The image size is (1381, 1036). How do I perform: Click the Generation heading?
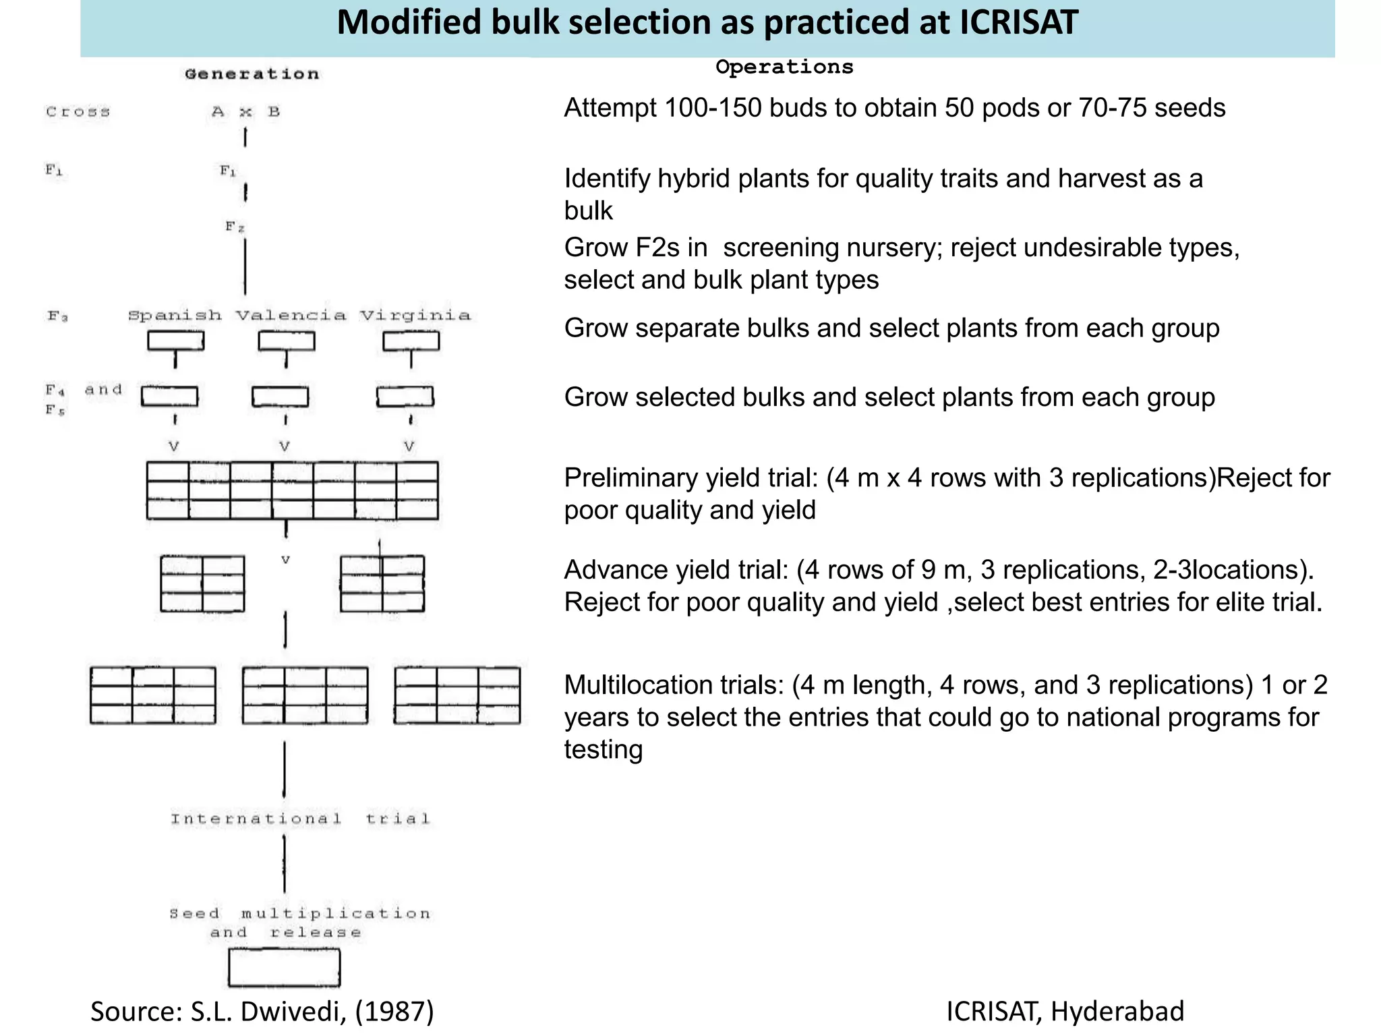point(252,74)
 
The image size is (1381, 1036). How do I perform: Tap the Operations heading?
point(784,67)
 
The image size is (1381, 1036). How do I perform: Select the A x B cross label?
point(245,112)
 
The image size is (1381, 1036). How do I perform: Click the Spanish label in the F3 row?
point(175,316)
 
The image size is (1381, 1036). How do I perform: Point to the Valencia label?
point(291,316)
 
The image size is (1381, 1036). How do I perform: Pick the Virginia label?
point(415,316)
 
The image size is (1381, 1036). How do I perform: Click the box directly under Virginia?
point(411,341)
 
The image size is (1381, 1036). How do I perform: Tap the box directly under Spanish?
point(175,341)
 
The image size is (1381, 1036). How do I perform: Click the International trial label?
point(300,819)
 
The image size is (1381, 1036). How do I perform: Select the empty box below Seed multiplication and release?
point(284,968)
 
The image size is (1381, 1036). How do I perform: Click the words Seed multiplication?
point(300,914)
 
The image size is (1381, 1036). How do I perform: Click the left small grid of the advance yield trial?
point(202,584)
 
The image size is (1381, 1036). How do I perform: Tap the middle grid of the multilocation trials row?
point(305,695)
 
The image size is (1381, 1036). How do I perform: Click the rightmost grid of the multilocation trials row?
point(457,695)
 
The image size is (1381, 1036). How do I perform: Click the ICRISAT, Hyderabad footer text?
point(1065,1012)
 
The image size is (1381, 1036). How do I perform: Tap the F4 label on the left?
point(55,390)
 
